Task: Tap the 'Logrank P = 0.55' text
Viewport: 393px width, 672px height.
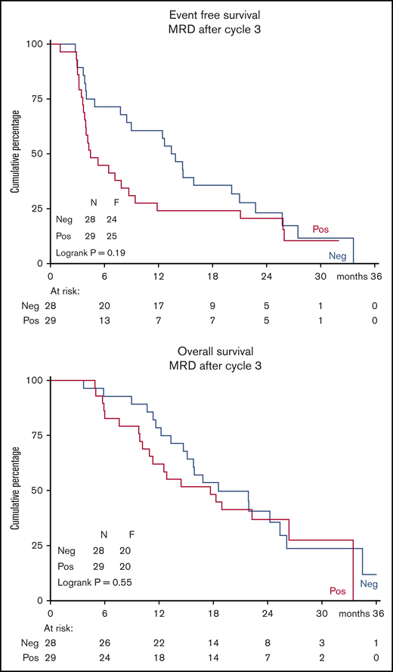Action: pos(94,582)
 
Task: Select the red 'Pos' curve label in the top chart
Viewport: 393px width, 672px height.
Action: pos(320,228)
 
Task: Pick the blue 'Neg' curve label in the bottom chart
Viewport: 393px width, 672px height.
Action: pos(368,584)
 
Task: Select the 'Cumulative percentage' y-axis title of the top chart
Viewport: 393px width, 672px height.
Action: pos(14,153)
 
